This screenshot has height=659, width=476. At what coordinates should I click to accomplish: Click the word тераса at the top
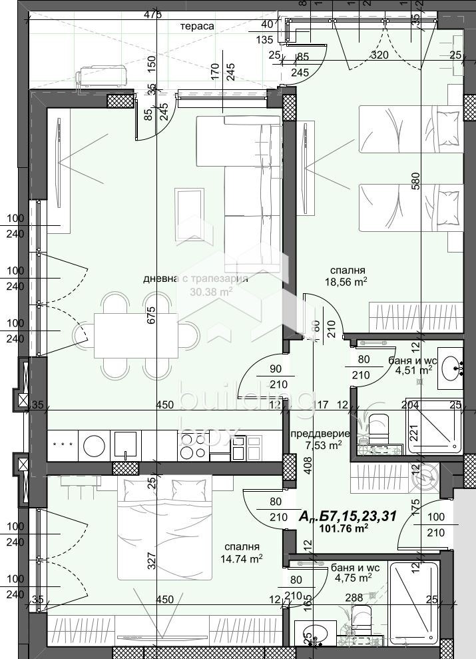tap(197, 26)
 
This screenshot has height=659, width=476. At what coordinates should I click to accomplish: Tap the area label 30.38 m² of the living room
tap(211, 291)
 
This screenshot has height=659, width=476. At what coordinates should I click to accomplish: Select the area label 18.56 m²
tap(350, 282)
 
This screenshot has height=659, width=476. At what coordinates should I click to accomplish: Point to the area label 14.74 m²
tap(242, 558)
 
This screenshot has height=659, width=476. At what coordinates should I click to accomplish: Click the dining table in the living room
tap(136, 335)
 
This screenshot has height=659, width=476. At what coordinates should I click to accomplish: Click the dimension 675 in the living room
tap(151, 314)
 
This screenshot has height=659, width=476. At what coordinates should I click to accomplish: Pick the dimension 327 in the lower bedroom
tap(151, 561)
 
